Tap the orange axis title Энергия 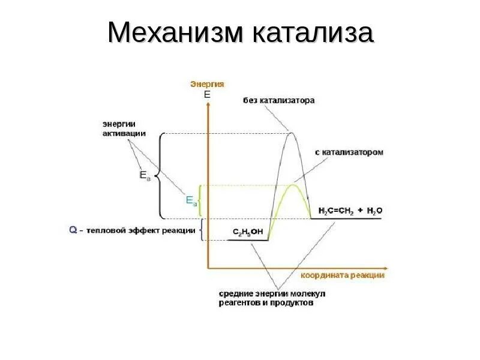(x=207, y=84)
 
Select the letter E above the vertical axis (x=207, y=95)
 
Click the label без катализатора (x=278, y=101)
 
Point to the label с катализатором (x=349, y=152)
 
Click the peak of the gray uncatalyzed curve (x=292, y=133)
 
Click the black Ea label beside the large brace (x=145, y=176)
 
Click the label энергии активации (x=122, y=128)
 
